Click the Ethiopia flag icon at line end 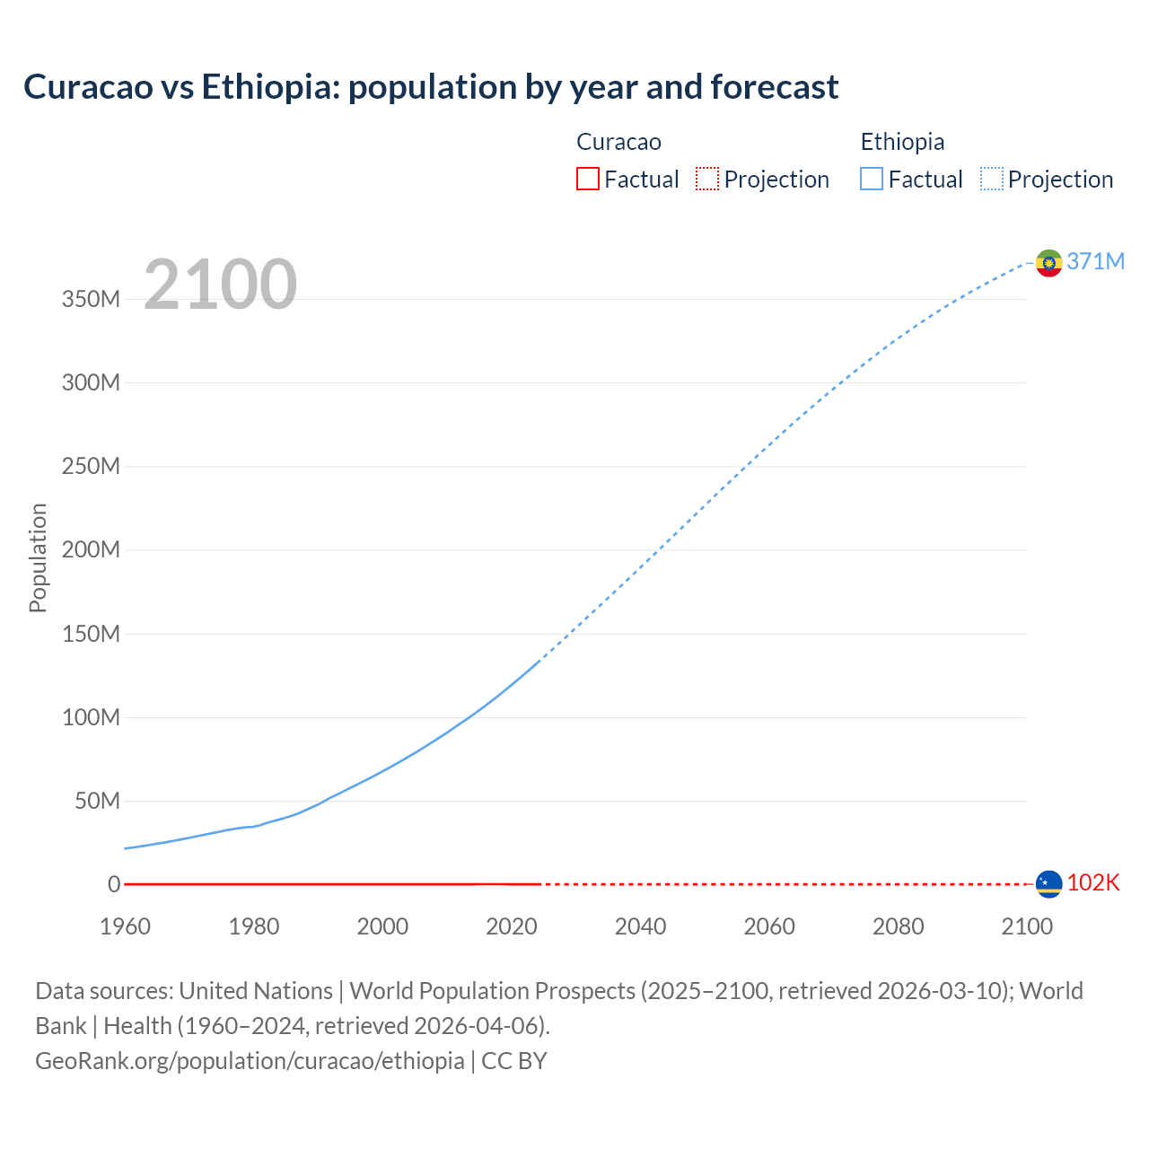[1048, 263]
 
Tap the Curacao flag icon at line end [1048, 884]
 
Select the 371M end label [1095, 261]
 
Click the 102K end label [1093, 882]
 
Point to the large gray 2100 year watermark [220, 284]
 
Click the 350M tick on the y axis [91, 299]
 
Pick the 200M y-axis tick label [91, 549]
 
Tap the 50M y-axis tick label [97, 801]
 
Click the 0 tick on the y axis [114, 884]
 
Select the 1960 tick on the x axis [125, 926]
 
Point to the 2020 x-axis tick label [512, 926]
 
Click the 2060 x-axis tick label [769, 926]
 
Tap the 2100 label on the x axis [1027, 926]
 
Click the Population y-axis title [38, 557]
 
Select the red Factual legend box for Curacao [588, 179]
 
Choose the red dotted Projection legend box [707, 179]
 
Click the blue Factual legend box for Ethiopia [872, 179]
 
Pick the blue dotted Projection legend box [992, 179]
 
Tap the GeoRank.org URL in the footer [250, 1060]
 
